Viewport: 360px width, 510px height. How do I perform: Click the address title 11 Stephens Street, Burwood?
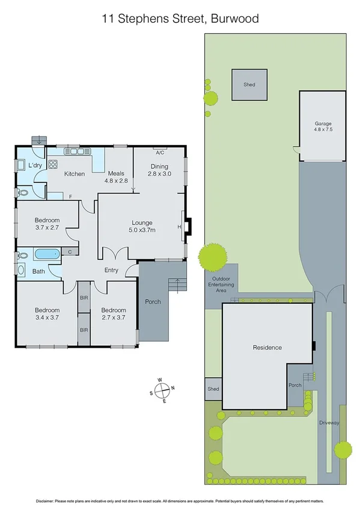[x=180, y=19]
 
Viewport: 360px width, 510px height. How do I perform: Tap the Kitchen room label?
[x=75, y=174]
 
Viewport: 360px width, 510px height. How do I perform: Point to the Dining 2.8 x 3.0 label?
[x=160, y=170]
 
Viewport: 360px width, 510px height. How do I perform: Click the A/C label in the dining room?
[x=160, y=153]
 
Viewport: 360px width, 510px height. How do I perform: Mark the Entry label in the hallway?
[x=111, y=270]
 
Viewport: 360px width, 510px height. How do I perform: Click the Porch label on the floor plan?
[x=153, y=301]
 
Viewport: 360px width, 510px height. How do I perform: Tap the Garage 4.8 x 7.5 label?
[x=323, y=126]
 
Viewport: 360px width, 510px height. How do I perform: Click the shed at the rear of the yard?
[x=249, y=85]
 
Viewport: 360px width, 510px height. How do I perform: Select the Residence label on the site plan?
[x=267, y=348]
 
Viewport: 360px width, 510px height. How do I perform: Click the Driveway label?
[x=330, y=423]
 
